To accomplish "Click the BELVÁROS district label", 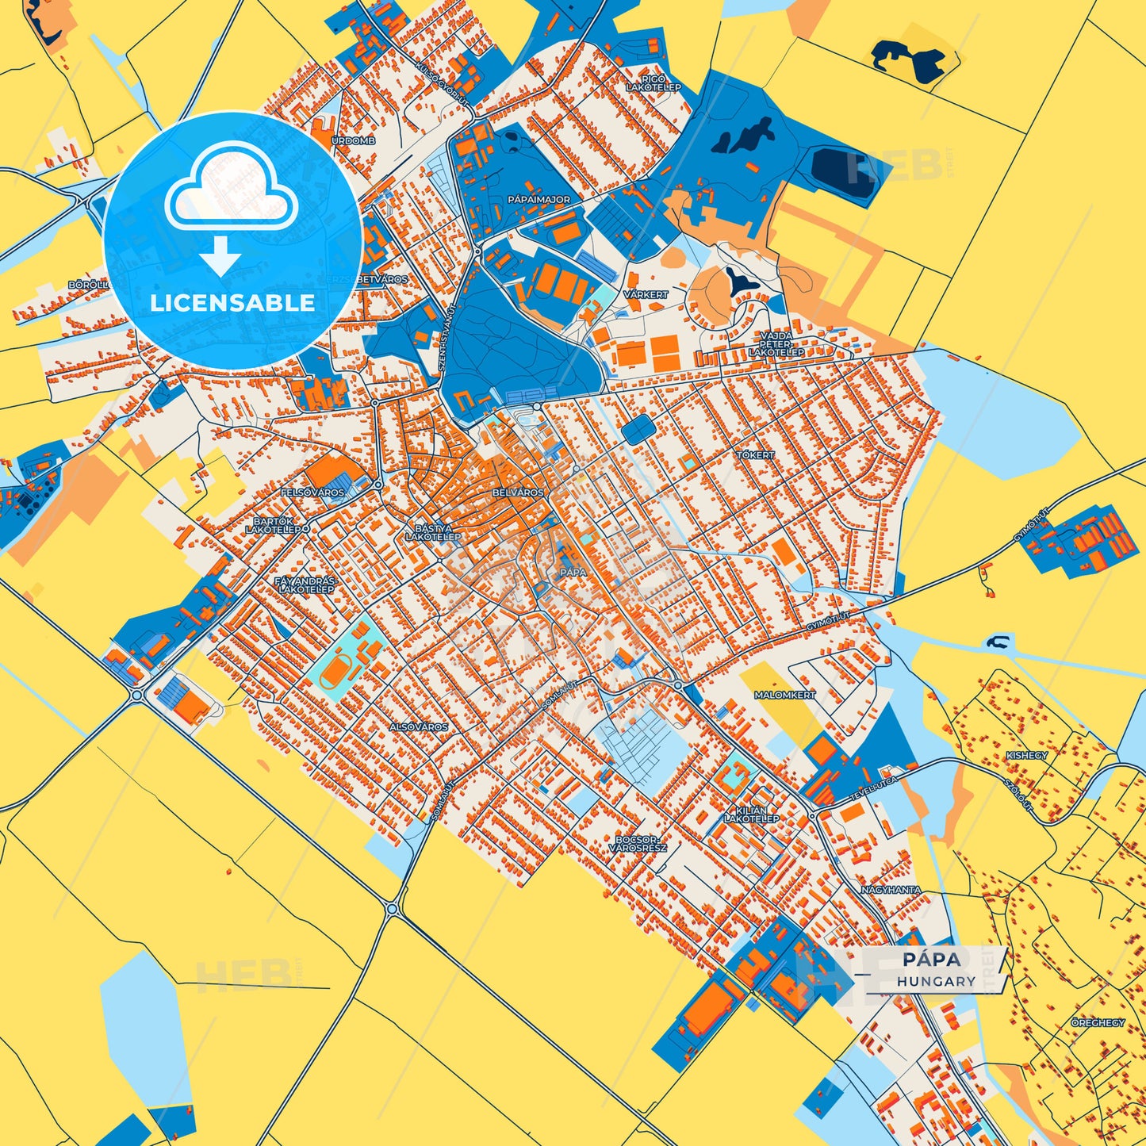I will (x=519, y=493).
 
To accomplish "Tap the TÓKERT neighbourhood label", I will (x=755, y=455).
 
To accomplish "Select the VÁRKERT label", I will (x=646, y=294).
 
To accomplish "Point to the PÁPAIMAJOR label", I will (x=539, y=200).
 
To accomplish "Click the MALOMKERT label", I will (x=784, y=695).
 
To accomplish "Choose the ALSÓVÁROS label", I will (x=419, y=726).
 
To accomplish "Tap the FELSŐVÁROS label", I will (x=312, y=493).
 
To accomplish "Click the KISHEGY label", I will (x=1027, y=756).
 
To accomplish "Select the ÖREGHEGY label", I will (x=1098, y=1023).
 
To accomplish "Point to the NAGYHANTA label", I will (x=891, y=890).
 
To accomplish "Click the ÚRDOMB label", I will (x=353, y=140).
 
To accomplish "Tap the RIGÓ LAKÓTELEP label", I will (x=653, y=82).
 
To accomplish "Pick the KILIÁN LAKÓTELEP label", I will (x=751, y=814).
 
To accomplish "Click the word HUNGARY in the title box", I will (x=937, y=981).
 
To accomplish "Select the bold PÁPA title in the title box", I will (x=932, y=960).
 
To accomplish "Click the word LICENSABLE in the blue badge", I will (x=232, y=302).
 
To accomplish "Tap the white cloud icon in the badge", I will (x=231, y=188).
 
